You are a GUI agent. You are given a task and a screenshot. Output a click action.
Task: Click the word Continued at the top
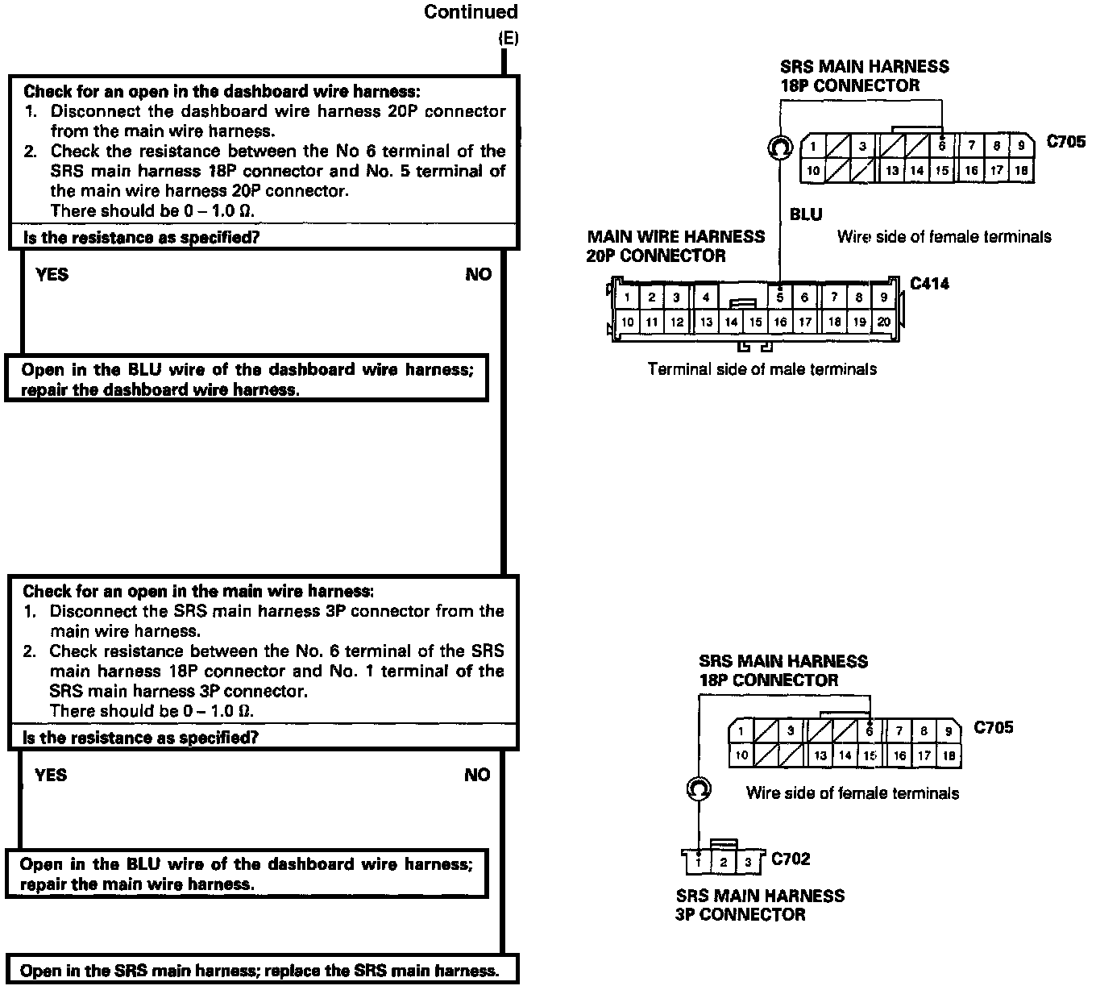tap(471, 12)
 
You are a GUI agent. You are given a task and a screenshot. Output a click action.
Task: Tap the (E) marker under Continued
tap(509, 38)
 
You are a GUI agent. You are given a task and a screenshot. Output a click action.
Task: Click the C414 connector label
tap(929, 284)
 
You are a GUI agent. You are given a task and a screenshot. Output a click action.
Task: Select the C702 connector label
tap(791, 859)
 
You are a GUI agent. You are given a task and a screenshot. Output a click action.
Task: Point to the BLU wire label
tap(806, 214)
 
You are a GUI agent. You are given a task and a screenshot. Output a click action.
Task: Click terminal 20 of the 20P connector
tap(883, 322)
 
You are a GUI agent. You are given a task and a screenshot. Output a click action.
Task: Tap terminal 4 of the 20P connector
tap(705, 297)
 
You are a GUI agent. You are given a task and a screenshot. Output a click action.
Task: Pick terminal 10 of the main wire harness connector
tap(628, 322)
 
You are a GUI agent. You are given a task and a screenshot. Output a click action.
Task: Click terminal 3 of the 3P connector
tap(748, 863)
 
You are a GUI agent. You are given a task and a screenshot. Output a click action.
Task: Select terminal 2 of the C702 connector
tap(724, 863)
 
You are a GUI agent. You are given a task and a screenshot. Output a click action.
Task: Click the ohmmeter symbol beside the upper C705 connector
tap(779, 148)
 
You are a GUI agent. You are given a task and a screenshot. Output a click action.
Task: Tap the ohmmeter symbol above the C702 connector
tap(699, 788)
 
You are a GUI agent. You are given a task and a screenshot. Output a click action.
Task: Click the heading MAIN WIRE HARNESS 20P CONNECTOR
tap(675, 246)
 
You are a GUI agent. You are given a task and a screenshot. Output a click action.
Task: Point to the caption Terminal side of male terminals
tap(762, 369)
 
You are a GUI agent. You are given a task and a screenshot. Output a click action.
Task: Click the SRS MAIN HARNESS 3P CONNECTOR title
tap(760, 905)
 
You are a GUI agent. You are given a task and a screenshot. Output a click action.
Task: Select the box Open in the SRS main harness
tap(259, 971)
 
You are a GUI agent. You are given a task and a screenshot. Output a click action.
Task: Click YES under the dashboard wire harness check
tap(52, 275)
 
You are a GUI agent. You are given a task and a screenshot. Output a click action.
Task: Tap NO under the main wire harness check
tap(477, 776)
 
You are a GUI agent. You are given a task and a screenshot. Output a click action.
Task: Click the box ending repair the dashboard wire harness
tap(247, 379)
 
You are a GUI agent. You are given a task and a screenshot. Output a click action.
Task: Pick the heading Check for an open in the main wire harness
tap(198, 592)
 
